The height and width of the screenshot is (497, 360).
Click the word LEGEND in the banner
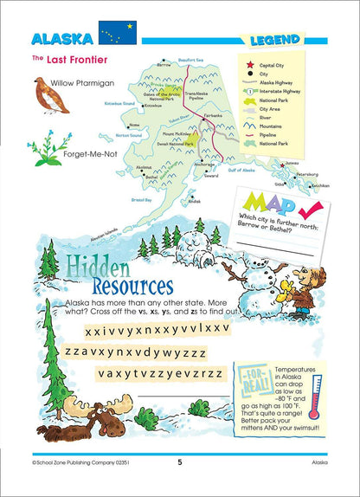pos(274,40)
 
